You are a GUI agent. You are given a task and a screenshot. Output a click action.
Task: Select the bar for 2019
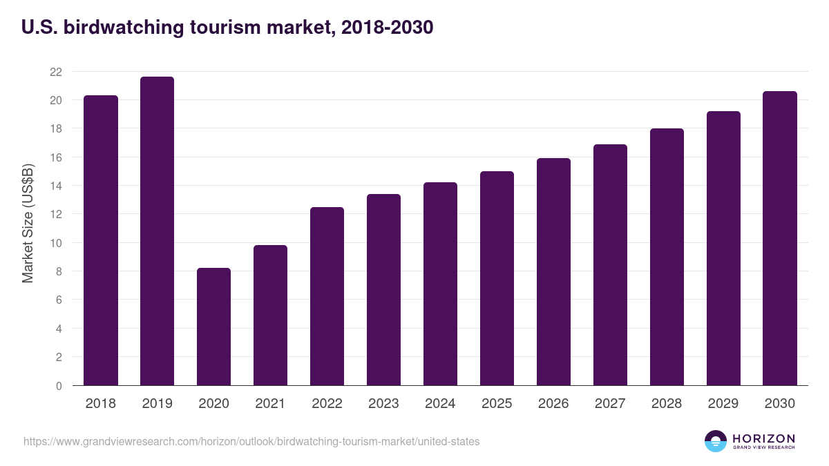pyautogui.click(x=157, y=231)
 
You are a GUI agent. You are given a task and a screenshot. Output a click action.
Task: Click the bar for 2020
pyautogui.click(x=213, y=327)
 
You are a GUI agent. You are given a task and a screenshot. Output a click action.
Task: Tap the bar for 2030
pyautogui.click(x=780, y=238)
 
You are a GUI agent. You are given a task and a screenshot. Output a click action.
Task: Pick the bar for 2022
pyautogui.click(x=327, y=296)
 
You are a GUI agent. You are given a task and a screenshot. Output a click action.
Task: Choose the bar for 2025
pyautogui.click(x=497, y=278)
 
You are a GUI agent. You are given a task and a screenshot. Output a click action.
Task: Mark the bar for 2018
pyautogui.click(x=101, y=240)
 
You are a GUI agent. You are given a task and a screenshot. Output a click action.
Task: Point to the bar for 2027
pyautogui.click(x=610, y=265)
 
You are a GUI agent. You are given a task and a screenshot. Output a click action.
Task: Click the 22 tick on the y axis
pyautogui.click(x=56, y=72)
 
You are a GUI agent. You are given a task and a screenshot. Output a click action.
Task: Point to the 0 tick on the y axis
pyautogui.click(x=59, y=386)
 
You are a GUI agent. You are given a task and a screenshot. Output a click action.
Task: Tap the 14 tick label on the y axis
pyautogui.click(x=56, y=186)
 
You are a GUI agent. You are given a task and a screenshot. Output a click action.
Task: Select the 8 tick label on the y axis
pyautogui.click(x=59, y=271)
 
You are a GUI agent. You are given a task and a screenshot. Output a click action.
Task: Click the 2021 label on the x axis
pyautogui.click(x=270, y=404)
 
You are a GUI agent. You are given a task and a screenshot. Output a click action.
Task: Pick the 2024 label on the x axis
pyautogui.click(x=440, y=404)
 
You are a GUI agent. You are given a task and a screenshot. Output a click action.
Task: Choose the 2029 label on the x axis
pyautogui.click(x=723, y=404)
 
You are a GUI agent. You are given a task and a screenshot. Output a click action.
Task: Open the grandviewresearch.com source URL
pyautogui.click(x=251, y=441)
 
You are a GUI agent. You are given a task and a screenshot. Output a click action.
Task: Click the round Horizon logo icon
pyautogui.click(x=716, y=441)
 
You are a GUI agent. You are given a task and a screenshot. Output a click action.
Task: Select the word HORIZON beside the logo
pyautogui.click(x=763, y=438)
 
